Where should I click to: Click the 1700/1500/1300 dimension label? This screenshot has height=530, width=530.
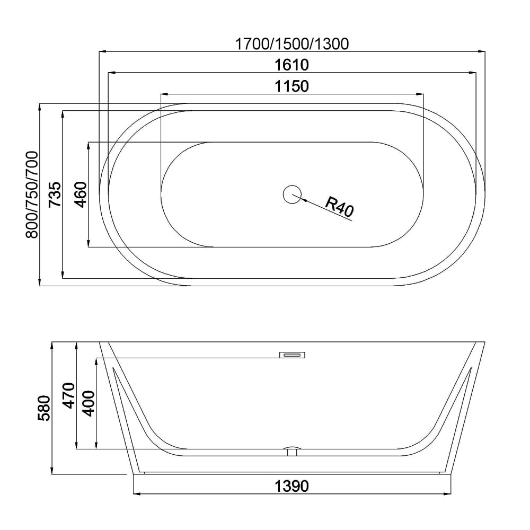(292, 44)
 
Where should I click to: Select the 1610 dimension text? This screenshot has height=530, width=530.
(292, 65)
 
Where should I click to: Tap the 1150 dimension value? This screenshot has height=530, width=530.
(292, 86)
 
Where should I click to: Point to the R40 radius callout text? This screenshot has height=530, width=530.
(339, 207)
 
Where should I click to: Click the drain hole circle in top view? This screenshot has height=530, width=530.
(291, 195)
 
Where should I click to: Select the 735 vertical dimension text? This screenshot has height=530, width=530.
(55, 195)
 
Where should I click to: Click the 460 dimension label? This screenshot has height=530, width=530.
(79, 195)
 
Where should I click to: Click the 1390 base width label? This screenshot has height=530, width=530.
(292, 485)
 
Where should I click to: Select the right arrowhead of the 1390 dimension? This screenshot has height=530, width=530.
(449, 494)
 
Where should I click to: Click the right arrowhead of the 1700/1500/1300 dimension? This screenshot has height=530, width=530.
(482, 51)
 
